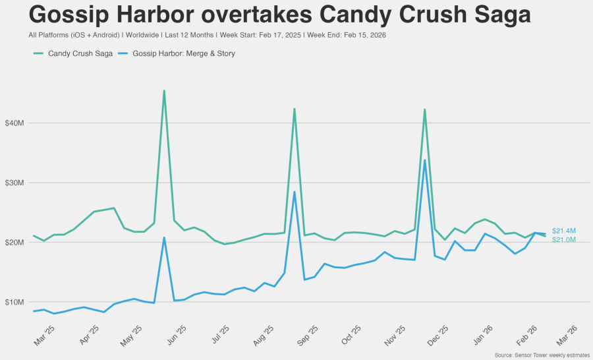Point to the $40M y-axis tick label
coord(14,123)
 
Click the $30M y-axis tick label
coord(14,183)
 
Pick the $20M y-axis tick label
coord(14,243)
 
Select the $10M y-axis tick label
coord(14,302)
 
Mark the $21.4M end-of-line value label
coord(564,231)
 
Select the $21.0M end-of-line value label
coord(564,240)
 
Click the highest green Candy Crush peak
coord(164,91)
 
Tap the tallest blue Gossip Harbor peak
coord(424,160)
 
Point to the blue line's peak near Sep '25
coord(295,192)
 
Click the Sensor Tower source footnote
coord(542,355)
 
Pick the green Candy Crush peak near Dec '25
coord(424,109)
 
